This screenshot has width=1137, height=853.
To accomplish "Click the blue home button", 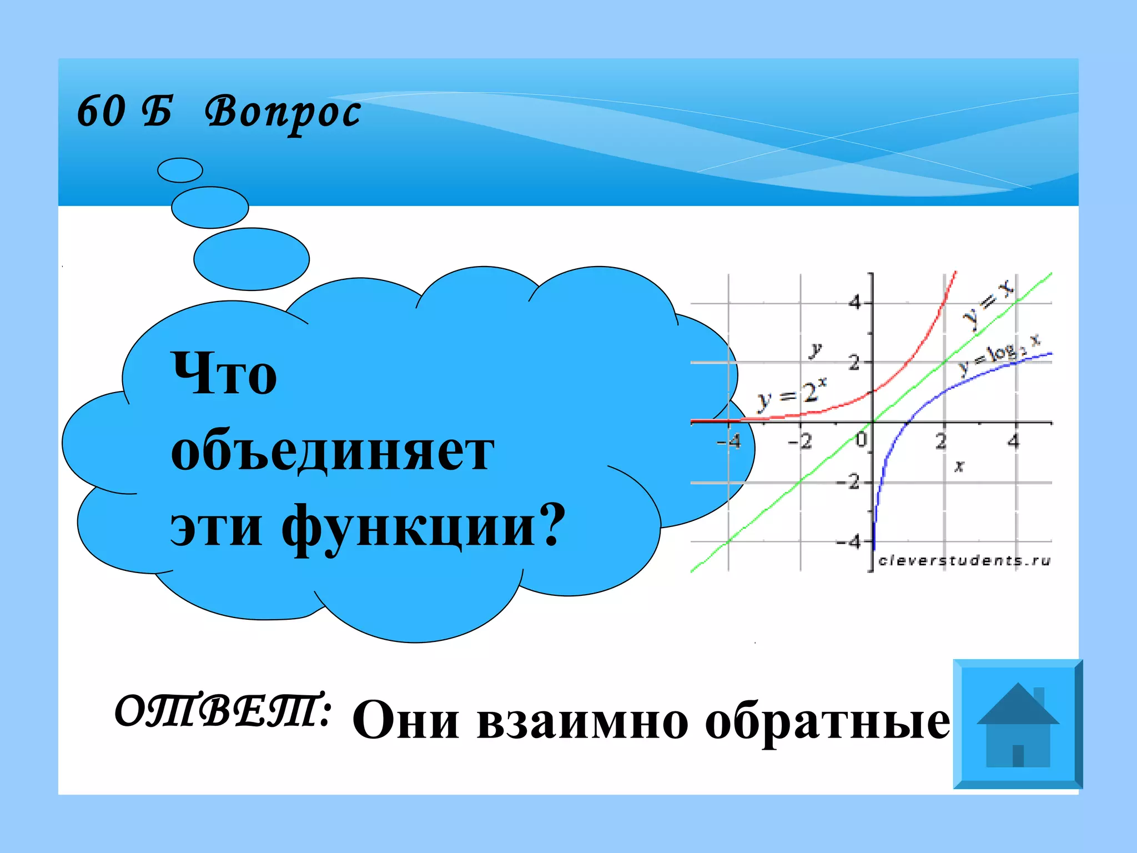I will [x=1018, y=724].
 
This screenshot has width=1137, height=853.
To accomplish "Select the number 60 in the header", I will [x=101, y=111].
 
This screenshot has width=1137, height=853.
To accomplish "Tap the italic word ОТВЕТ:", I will [x=223, y=711].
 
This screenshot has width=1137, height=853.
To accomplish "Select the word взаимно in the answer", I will [x=582, y=721].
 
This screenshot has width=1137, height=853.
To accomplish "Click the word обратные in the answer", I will [x=827, y=721].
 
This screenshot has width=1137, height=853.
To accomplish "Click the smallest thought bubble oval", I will [x=180, y=170].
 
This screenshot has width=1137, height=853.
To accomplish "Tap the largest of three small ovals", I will [x=251, y=259].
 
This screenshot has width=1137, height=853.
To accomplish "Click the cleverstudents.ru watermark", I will [x=964, y=561].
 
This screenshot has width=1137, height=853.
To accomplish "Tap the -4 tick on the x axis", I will [x=730, y=442].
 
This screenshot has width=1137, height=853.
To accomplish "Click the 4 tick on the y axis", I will [x=855, y=303].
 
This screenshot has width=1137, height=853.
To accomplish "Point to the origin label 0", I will [x=861, y=440].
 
